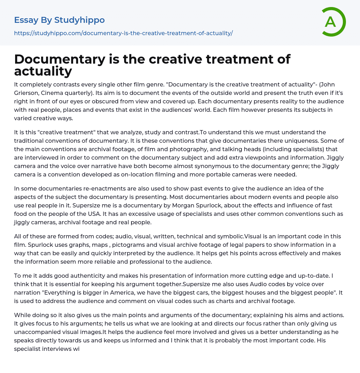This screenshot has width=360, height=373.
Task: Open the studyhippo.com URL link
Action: pyautogui.click(x=123, y=33)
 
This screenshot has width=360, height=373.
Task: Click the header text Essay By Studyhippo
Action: pyautogui.click(x=59, y=20)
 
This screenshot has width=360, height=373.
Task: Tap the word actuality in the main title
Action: pyautogui.click(x=43, y=71)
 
